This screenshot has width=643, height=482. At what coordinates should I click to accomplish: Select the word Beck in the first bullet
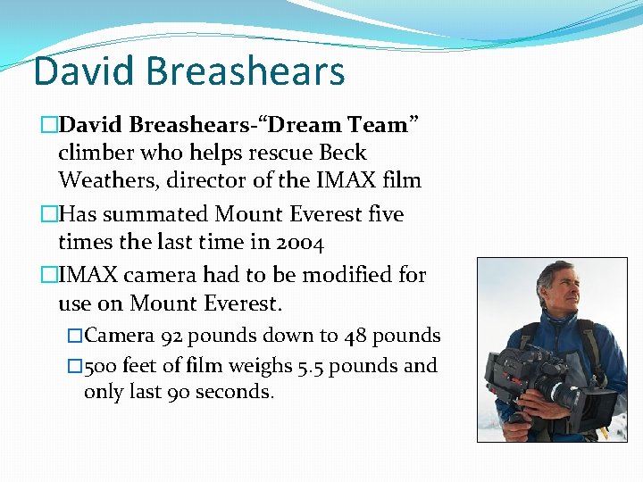343,153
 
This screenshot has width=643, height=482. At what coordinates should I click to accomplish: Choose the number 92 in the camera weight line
173,336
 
